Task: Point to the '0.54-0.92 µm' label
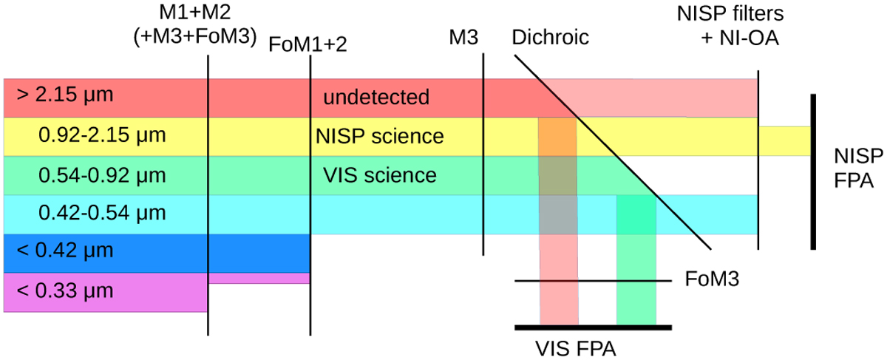tap(93, 175)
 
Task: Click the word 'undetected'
tap(375, 97)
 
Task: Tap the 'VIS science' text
tap(379, 175)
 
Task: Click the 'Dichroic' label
tap(550, 37)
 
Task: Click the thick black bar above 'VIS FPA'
tap(593, 326)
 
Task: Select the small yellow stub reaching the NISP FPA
tap(784, 140)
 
